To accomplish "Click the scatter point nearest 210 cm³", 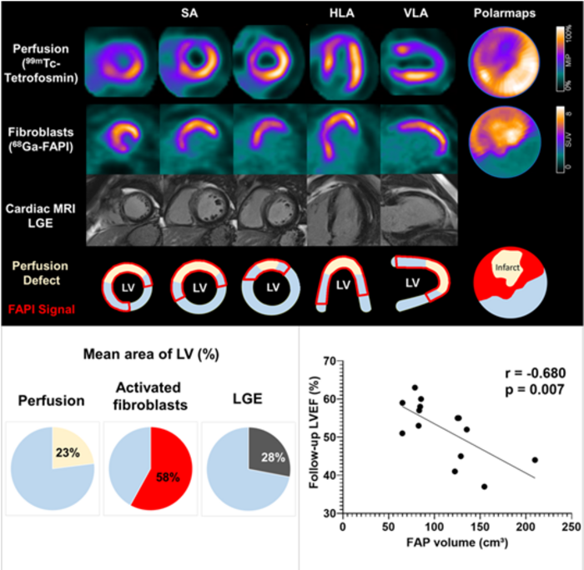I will click(534, 460).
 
